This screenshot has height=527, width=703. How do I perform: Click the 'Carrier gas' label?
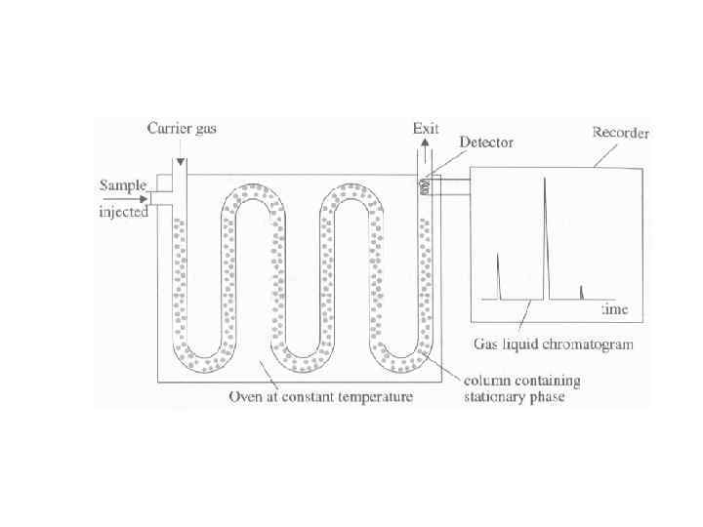(182, 128)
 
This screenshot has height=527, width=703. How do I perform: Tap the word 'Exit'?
(427, 128)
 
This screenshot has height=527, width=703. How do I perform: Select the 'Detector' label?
(486, 142)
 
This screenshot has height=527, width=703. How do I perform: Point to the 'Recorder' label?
(621, 132)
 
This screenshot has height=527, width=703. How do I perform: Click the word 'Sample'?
(123, 185)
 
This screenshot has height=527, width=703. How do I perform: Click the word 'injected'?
(123, 211)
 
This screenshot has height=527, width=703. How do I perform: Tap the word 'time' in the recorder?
(613, 310)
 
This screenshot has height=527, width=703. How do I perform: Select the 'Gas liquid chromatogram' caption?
(554, 344)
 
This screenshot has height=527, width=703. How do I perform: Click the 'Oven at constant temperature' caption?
(320, 397)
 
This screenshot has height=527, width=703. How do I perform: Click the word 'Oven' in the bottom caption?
(244, 397)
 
